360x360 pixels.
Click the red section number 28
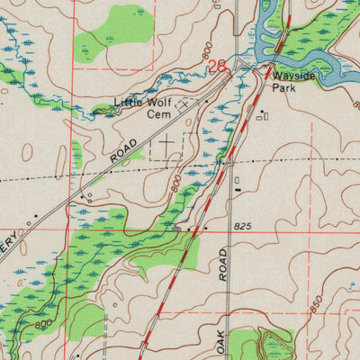tap(217, 66)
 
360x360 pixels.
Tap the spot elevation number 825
tap(239, 226)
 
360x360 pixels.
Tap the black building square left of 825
tap(206, 229)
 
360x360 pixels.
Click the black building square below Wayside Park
tap(262, 113)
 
